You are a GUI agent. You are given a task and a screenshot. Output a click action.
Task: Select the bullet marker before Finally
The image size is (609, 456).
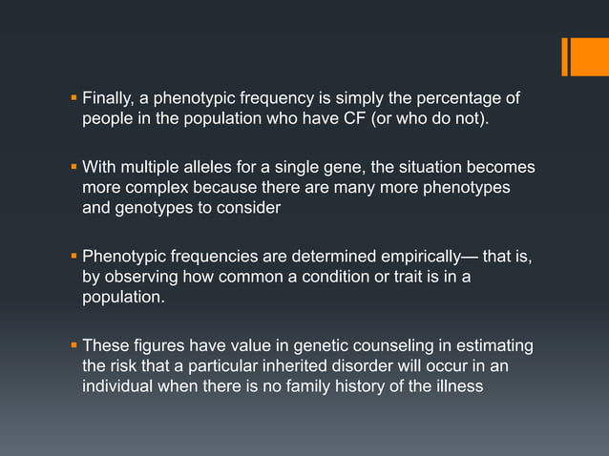pos(74,97)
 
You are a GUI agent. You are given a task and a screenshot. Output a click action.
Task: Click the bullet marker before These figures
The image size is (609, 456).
pos(74,344)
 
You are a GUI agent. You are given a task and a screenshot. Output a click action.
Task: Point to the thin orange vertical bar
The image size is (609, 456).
pos(565,55)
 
